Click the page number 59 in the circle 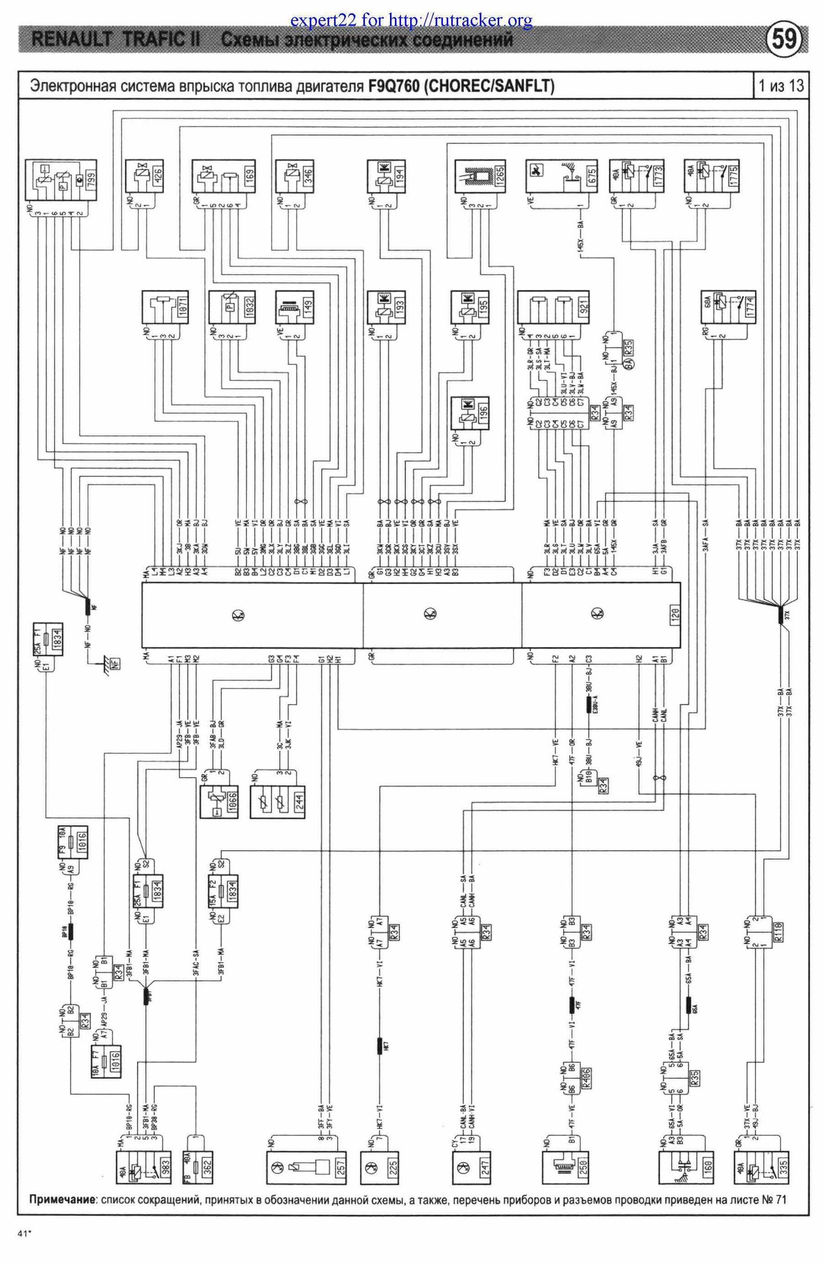784,40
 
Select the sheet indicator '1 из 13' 781,85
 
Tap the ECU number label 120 675,616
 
